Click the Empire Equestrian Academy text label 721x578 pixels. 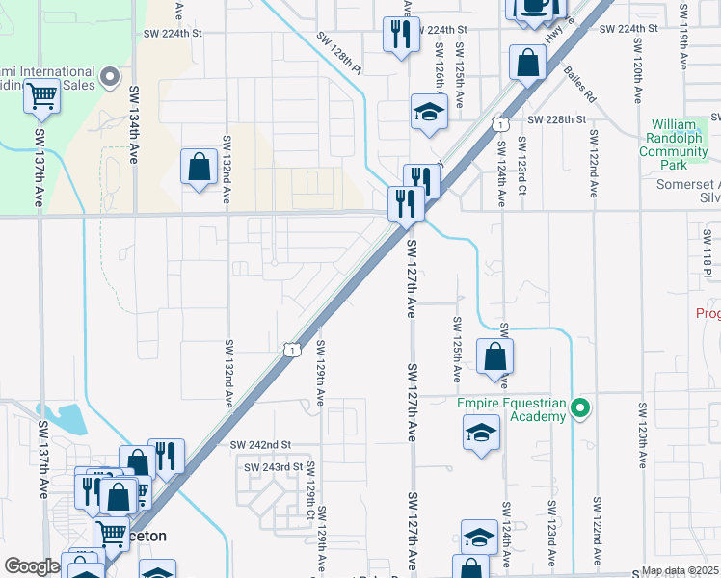coord(511,409)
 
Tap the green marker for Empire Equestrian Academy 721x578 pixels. coord(579,408)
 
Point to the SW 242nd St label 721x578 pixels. coord(260,444)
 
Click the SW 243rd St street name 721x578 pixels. coord(273,467)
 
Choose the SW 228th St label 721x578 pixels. coord(557,119)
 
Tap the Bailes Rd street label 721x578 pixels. coord(581,82)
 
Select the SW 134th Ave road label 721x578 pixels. coord(134,124)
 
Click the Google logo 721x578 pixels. coord(32,566)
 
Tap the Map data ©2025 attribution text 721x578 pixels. coord(680,571)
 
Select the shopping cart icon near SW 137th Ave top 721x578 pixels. coord(42,94)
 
